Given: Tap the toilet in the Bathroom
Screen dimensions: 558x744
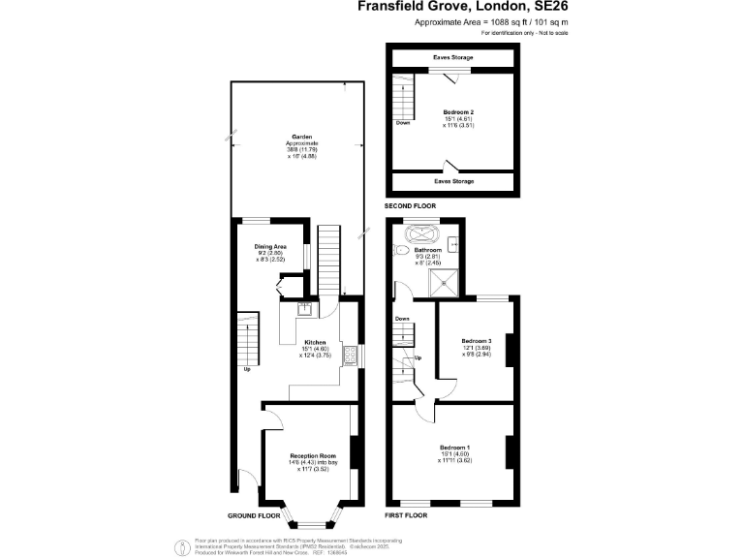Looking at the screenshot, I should (x=400, y=250).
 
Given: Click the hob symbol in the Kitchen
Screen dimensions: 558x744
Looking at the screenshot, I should (x=352, y=356).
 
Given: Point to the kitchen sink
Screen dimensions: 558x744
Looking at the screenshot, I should (x=303, y=309).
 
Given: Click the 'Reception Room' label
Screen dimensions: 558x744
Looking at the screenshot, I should (x=313, y=455).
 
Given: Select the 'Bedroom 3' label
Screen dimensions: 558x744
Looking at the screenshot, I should (x=477, y=341).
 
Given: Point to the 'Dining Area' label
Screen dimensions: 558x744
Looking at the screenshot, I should (x=270, y=247).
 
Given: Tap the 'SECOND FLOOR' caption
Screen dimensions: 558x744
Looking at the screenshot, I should (x=410, y=206).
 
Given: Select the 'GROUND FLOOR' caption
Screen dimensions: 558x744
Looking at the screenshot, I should (x=255, y=515).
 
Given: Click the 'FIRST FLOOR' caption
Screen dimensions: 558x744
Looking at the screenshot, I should (x=407, y=515).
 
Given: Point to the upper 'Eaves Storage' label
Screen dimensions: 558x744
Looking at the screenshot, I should (x=452, y=58).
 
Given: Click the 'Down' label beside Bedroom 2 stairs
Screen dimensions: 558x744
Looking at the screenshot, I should (x=402, y=123).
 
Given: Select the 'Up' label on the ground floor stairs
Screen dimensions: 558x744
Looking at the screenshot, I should (x=246, y=369).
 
